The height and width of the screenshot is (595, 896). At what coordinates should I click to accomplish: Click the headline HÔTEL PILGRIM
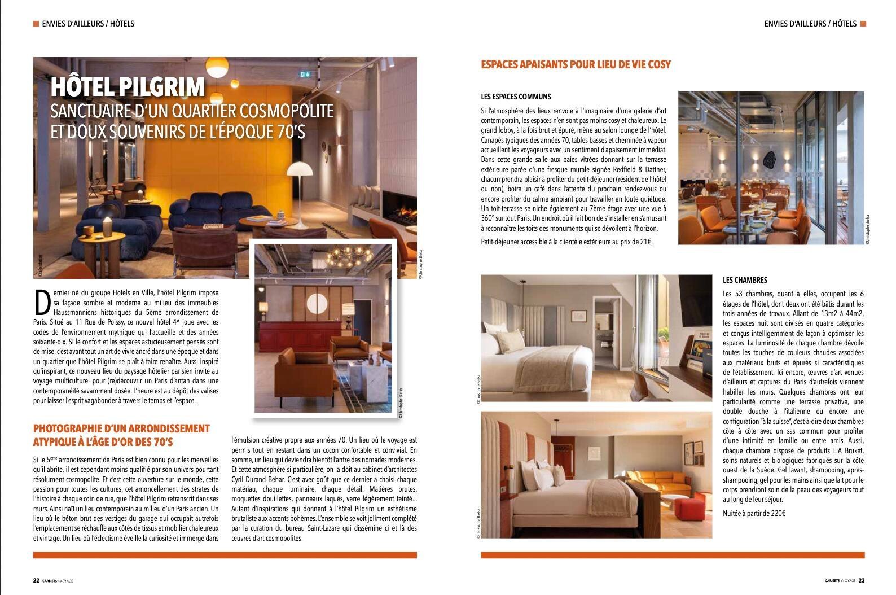(x=128, y=87)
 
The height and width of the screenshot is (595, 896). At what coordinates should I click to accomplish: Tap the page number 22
(x=36, y=580)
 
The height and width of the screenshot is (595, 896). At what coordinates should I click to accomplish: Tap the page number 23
(x=862, y=580)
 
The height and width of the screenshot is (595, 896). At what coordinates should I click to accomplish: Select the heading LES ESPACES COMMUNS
(x=516, y=97)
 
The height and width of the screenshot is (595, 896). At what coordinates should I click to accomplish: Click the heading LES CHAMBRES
(x=745, y=280)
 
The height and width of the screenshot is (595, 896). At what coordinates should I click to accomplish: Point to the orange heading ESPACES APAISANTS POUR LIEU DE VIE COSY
(x=576, y=64)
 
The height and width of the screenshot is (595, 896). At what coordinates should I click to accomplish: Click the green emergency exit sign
(x=306, y=74)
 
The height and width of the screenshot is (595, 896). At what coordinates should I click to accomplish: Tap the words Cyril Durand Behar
(x=257, y=479)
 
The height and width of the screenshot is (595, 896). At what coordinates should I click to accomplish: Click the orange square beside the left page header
(x=36, y=24)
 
